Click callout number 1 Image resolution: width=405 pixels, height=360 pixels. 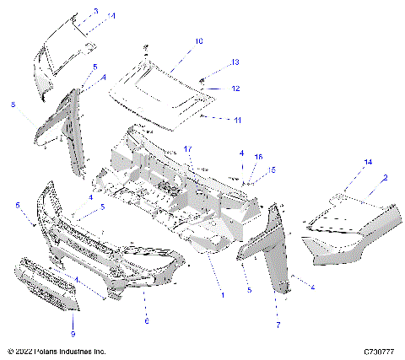[222, 294]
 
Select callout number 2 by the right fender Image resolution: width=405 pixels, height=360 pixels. [386, 178]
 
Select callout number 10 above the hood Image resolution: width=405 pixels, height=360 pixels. [199, 40]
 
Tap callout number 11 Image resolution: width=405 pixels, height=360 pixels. [237, 121]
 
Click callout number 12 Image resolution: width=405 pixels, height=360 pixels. [236, 88]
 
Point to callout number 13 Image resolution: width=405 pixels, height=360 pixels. [235, 62]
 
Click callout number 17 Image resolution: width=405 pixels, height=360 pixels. [190, 148]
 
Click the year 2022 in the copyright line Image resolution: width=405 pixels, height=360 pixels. [26, 351]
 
